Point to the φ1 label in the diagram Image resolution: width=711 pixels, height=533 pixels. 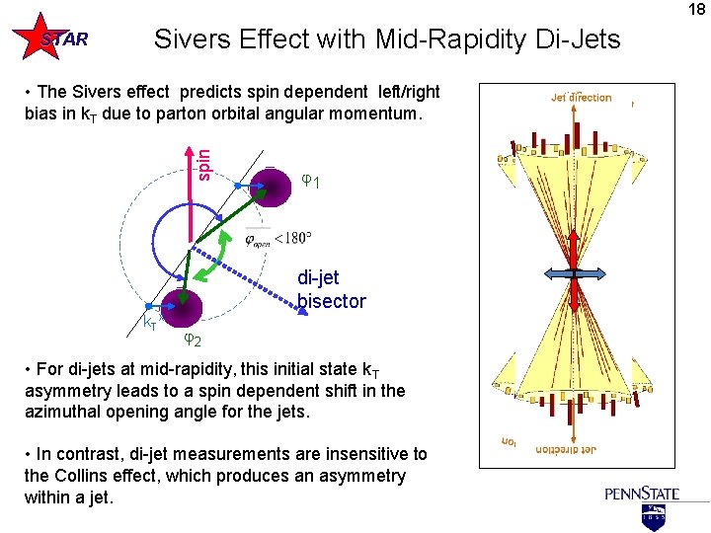pyautogui.click(x=310, y=181)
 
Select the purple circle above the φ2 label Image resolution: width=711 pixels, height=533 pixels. pyautogui.click(x=182, y=307)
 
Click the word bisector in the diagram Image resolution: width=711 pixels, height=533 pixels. pyautogui.click(x=331, y=301)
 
